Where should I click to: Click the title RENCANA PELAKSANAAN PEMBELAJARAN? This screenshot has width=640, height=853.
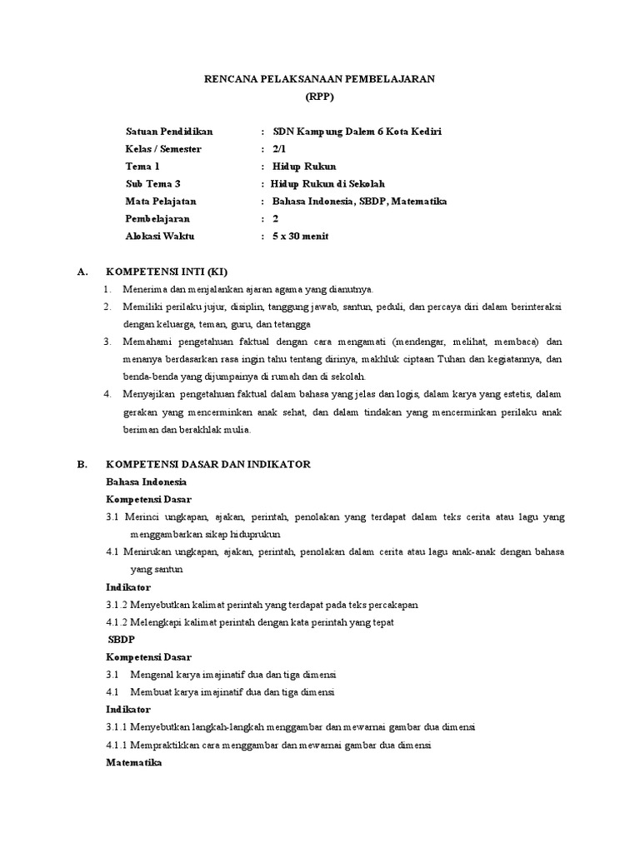pos(320,78)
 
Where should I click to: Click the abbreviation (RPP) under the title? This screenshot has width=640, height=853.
pos(319,96)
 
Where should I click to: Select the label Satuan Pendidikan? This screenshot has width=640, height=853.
pos(169,132)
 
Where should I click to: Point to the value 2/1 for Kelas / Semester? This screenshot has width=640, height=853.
pos(279,149)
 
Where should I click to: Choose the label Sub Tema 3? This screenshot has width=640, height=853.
pos(153,184)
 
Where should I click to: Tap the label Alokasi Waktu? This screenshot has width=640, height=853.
pos(159,237)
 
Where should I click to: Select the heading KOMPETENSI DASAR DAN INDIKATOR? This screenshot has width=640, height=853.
pos(207,464)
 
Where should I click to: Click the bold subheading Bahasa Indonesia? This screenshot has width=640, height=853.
pos(147,481)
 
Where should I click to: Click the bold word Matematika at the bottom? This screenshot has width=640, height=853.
pos(134,761)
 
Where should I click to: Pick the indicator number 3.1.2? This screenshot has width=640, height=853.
pos(117,604)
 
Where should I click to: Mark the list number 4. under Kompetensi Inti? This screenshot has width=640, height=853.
pos(107,394)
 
